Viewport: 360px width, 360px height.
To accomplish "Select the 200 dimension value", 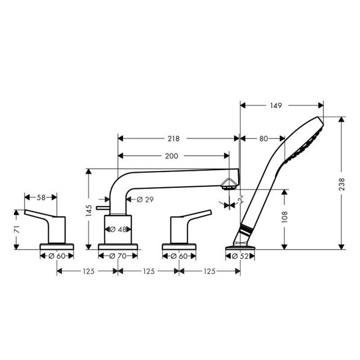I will click(171, 156).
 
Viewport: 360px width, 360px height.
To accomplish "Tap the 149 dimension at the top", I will click(276, 106).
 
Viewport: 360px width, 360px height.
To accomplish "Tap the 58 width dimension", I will click(40, 197).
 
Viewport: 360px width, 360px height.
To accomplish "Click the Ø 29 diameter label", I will click(145, 199).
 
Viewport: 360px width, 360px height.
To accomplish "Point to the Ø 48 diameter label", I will click(118, 229).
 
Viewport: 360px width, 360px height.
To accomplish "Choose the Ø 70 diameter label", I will click(118, 256).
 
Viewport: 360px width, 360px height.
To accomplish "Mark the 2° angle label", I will click(241, 199).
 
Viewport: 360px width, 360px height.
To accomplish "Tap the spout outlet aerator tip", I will click(230, 185).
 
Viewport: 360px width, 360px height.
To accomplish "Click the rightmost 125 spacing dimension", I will click(209, 271).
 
